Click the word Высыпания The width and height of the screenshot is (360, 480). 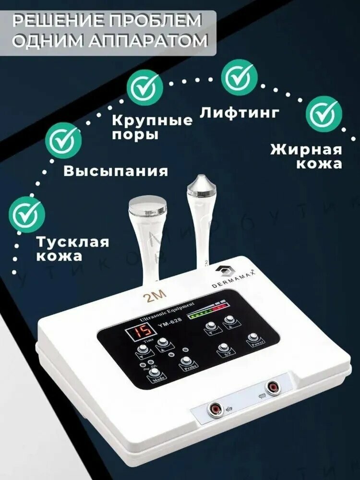pyautogui.click(x=116, y=171)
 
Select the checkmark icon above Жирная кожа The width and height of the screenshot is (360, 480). pyautogui.click(x=324, y=113)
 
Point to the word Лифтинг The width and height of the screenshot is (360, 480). pyautogui.click(x=239, y=113)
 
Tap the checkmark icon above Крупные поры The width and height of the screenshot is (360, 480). pyautogui.click(x=144, y=88)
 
